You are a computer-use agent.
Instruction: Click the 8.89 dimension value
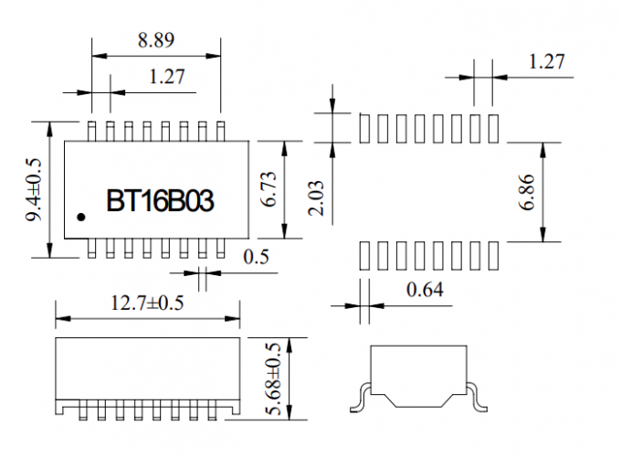coord(156,40)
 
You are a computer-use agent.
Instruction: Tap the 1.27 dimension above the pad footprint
coord(547,62)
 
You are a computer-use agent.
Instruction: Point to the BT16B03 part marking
coord(161,201)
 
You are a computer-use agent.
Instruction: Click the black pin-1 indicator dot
coord(81,218)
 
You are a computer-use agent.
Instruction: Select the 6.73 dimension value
coord(269,189)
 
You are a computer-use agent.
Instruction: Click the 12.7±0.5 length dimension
coord(147,304)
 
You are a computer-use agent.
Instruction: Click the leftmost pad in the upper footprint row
coord(365,129)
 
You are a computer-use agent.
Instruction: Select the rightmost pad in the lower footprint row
coord(495,254)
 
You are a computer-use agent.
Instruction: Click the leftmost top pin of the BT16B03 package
coord(92,129)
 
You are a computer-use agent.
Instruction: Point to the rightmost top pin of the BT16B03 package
coord(222,129)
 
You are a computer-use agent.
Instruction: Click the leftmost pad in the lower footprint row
coord(365,254)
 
